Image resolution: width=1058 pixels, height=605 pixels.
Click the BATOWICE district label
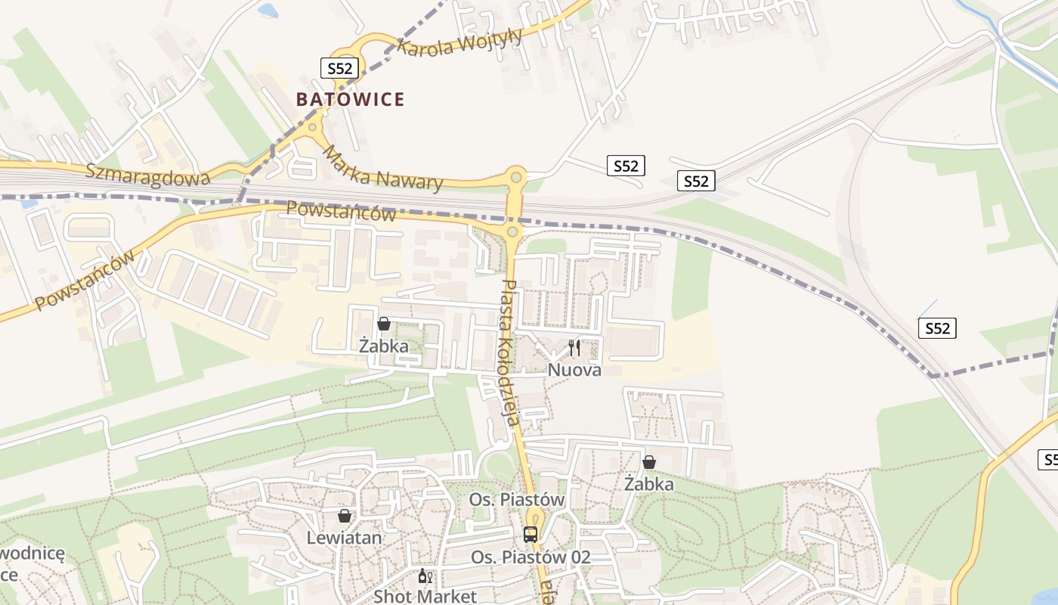pyautogui.click(x=350, y=99)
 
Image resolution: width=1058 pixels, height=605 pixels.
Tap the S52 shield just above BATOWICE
pyautogui.click(x=339, y=68)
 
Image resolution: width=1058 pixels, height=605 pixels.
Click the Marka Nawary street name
pyautogui.click(x=382, y=168)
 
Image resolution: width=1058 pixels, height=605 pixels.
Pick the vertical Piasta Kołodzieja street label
pyautogui.click(x=508, y=352)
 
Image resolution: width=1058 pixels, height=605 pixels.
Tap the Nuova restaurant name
pyautogui.click(x=574, y=370)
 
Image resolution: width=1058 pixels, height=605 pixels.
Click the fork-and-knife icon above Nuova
pyautogui.click(x=574, y=348)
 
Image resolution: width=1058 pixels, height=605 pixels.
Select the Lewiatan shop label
pyautogui.click(x=344, y=538)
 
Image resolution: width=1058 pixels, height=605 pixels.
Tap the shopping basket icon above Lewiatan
pyautogui.click(x=345, y=516)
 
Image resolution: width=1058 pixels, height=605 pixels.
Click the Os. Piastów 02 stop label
pyautogui.click(x=531, y=557)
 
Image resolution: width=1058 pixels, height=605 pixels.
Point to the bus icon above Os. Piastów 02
pyautogui.click(x=531, y=535)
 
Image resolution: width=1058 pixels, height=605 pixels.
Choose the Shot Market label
pyautogui.click(x=425, y=596)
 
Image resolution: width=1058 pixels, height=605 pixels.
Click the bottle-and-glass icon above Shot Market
pyautogui.click(x=425, y=577)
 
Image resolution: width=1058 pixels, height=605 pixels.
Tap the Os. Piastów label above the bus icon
pyautogui.click(x=517, y=500)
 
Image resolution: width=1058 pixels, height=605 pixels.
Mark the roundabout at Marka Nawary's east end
pyautogui.click(x=516, y=178)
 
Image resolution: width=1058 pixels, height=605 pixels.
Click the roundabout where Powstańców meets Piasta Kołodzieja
pyautogui.click(x=512, y=231)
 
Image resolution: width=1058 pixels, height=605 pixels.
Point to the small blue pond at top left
pyautogui.click(x=268, y=11)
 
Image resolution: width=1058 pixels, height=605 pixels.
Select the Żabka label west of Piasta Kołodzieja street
pyautogui.click(x=384, y=346)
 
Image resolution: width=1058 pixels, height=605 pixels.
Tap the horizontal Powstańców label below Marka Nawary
pyautogui.click(x=342, y=211)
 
